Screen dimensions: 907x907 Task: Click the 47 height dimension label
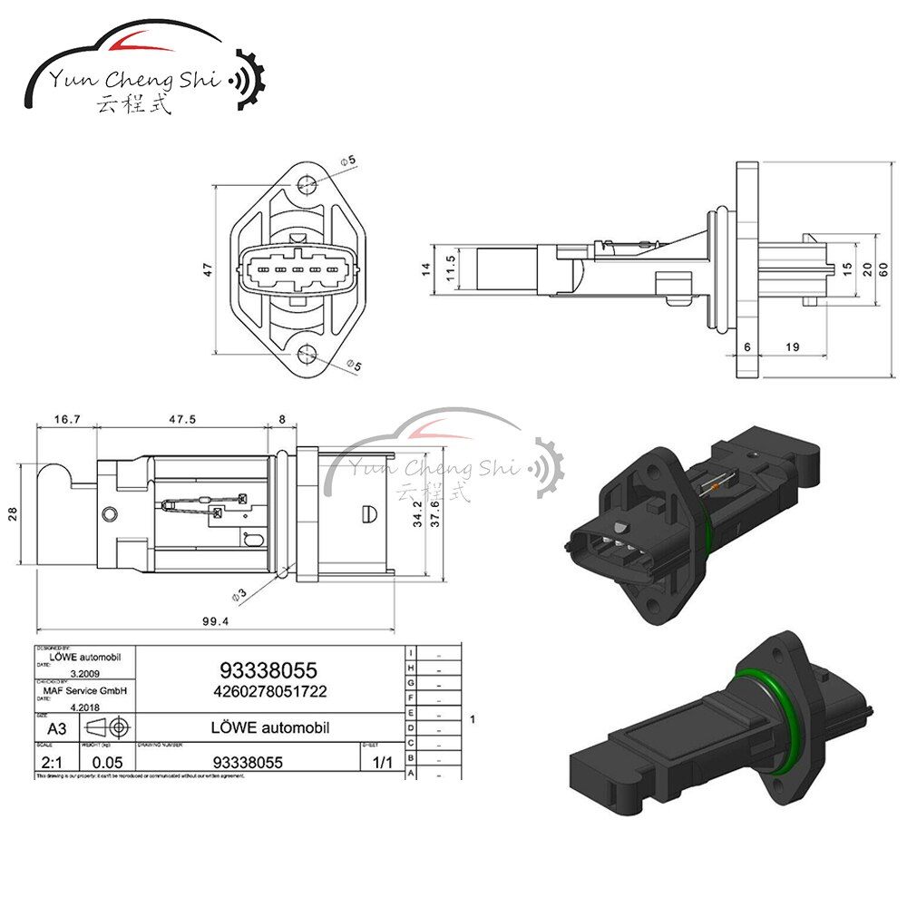point(208,269)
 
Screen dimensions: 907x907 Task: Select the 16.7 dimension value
point(68,419)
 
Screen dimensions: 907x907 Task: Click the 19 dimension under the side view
point(792,346)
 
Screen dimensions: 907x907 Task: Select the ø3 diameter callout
point(239,595)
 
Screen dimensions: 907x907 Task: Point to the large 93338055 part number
point(268,670)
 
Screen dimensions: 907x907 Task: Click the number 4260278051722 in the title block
point(268,691)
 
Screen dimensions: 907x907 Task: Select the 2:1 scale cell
point(52,762)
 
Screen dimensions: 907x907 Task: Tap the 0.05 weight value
point(108,763)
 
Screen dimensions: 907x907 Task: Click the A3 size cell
point(56,727)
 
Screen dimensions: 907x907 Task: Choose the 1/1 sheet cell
point(382,762)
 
